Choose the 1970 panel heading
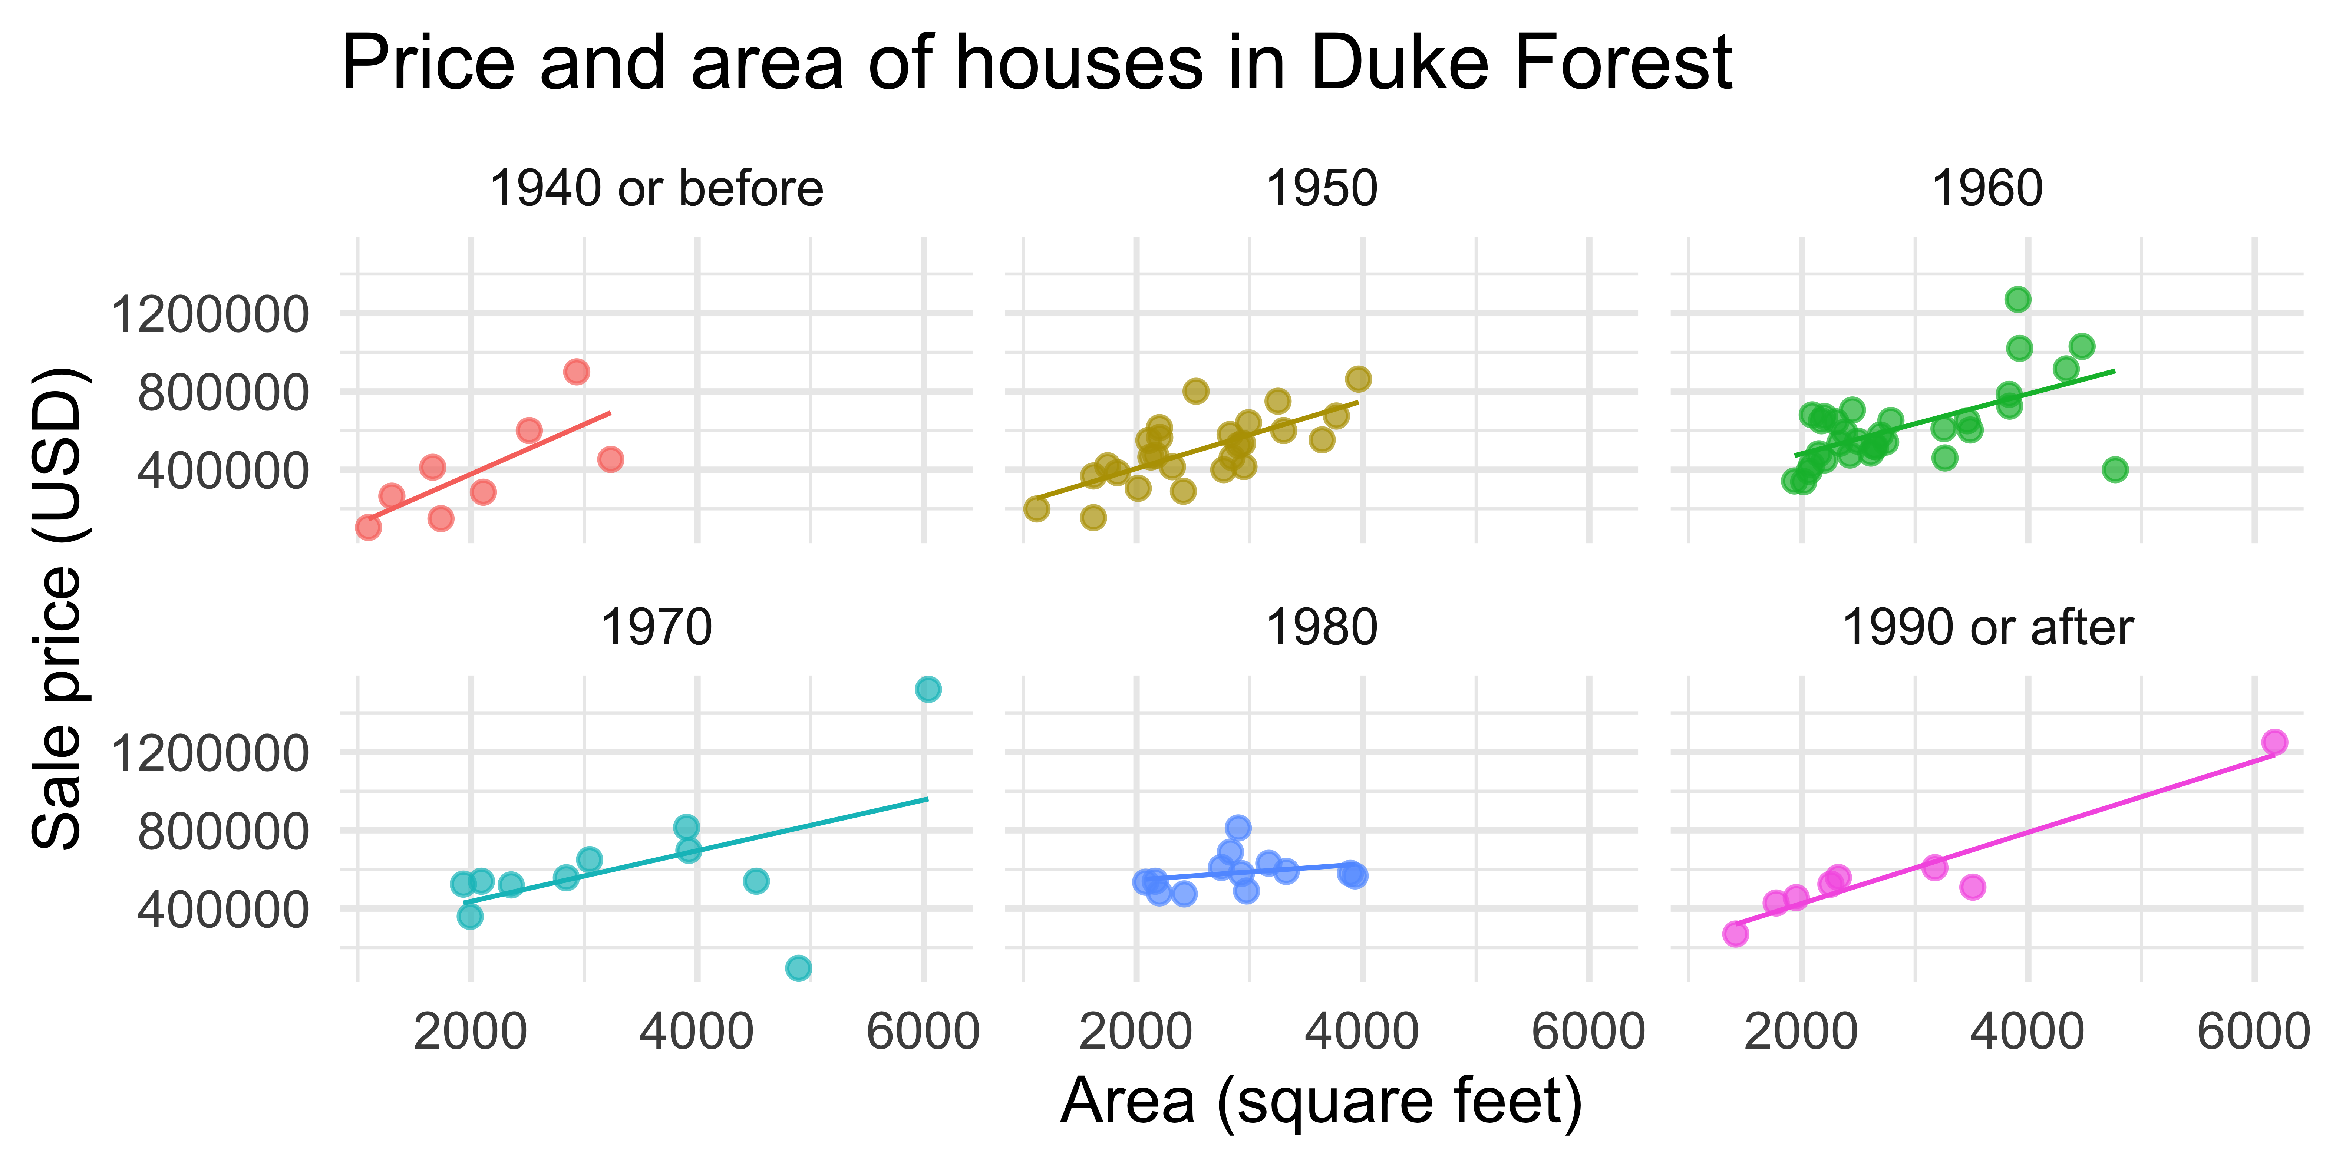[x=656, y=627]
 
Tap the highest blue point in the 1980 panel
[x=1238, y=827]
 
